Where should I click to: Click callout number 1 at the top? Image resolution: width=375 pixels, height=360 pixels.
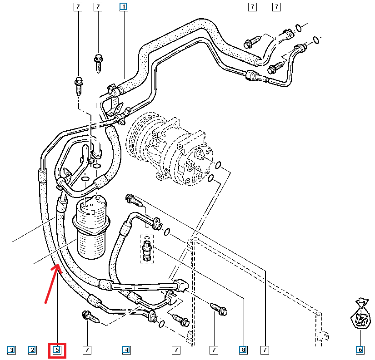[x=123, y=7]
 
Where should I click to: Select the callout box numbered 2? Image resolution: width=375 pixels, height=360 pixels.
[x=32, y=350]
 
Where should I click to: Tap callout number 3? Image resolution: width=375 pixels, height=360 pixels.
[x=11, y=350]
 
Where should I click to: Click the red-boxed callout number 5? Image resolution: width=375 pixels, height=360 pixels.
[x=57, y=350]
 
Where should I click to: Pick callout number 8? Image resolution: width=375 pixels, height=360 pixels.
[x=244, y=350]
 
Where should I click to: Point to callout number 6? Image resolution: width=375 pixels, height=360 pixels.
[x=360, y=350]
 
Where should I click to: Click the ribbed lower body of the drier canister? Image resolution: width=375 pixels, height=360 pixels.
[x=93, y=241]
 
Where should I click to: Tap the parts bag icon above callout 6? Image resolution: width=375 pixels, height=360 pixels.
[x=361, y=313]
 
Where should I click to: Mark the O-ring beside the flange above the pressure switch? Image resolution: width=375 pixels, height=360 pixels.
[x=167, y=232]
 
